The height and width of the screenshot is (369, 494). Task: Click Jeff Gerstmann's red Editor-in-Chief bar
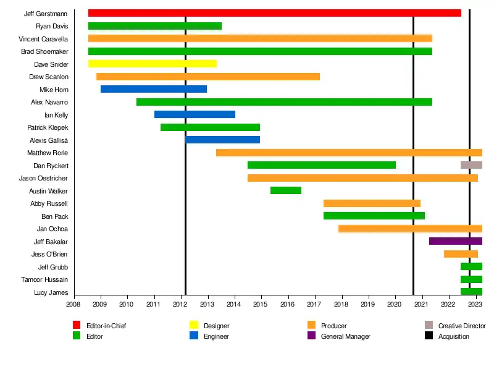[x=275, y=13]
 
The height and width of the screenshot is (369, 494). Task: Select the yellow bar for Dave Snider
[x=153, y=64]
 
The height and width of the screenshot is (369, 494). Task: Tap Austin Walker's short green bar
[x=286, y=190]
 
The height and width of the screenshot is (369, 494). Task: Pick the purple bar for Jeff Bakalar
[x=455, y=241]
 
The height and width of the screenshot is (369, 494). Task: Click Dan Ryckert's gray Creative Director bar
[x=471, y=165]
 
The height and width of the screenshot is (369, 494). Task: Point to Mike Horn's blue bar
[x=154, y=89]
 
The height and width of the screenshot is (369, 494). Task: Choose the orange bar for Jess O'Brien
[x=461, y=254]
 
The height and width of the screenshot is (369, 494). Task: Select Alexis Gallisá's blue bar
[x=223, y=140]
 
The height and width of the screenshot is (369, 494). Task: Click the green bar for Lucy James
[x=471, y=292]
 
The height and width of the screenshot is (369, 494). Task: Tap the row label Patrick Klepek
[x=48, y=127]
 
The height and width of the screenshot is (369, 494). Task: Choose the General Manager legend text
[x=345, y=337]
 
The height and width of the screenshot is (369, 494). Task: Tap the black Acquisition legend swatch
[x=429, y=336]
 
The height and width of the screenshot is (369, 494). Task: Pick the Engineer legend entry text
[x=216, y=337]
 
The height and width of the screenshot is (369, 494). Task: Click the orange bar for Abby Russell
[x=372, y=203]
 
